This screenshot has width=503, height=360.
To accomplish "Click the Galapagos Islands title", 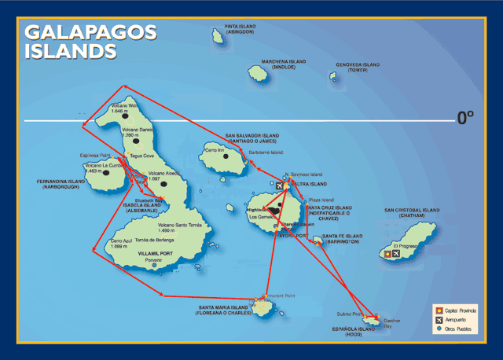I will pyautogui.click(x=90, y=42).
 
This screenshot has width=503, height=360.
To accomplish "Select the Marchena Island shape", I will pyautogui.click(x=258, y=72).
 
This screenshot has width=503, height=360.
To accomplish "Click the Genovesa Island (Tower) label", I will pyautogui.click(x=358, y=67).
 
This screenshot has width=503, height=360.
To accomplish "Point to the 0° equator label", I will pyautogui.click(x=465, y=118).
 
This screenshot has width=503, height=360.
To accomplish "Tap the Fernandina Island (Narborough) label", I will pyautogui.click(x=60, y=184).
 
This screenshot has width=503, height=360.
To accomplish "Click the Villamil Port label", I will pyautogui.click(x=154, y=254).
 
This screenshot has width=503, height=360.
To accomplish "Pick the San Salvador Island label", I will pyautogui.click(x=251, y=138).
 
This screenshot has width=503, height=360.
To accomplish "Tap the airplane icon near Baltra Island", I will pyautogui.click(x=280, y=186).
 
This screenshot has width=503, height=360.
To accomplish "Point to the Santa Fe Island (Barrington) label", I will pyautogui.click(x=341, y=239).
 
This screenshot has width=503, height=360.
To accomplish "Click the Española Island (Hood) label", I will pyautogui.click(x=355, y=331).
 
